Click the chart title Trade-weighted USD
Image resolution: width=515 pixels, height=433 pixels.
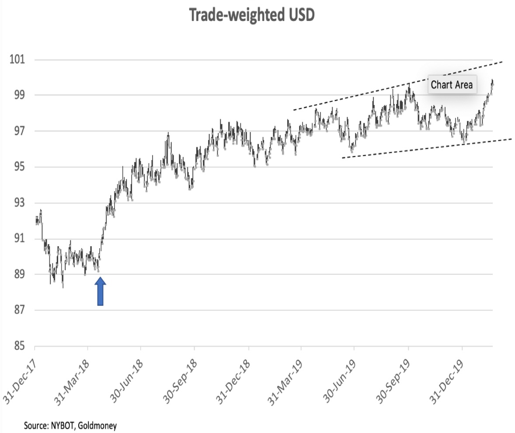click(252, 15)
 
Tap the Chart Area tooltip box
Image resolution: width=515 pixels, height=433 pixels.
click(452, 85)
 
